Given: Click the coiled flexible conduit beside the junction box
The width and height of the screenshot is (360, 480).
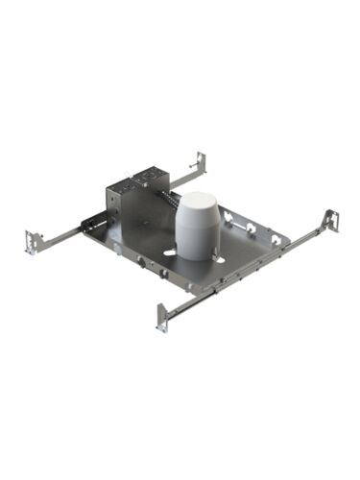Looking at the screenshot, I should point(170,204).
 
